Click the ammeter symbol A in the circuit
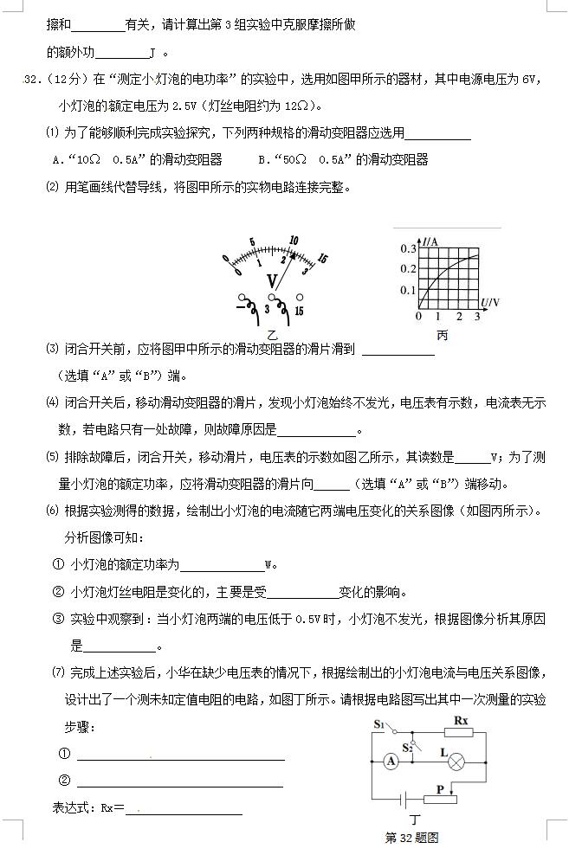[391, 761]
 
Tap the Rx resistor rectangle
[461, 732]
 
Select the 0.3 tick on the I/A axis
[407, 248]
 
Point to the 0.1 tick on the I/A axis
[407, 290]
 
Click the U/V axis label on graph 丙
[490, 302]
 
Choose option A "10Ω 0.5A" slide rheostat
[138, 159]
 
